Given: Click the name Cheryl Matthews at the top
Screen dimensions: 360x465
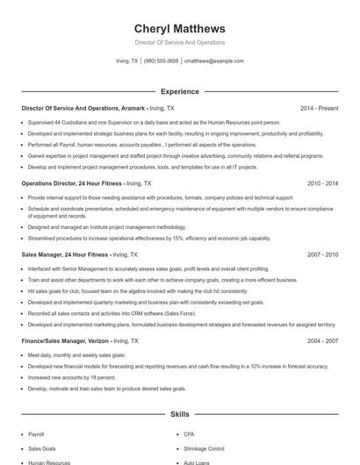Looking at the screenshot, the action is click(x=179, y=28).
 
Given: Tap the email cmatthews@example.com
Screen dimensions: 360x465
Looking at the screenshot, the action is click(x=213, y=61).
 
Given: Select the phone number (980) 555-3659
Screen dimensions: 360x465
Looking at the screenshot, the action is click(x=161, y=61).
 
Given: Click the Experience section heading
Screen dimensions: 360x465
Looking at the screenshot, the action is click(x=179, y=91).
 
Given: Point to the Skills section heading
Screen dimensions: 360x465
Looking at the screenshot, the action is click(x=179, y=413).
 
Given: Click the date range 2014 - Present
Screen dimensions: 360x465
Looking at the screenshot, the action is click(x=319, y=108).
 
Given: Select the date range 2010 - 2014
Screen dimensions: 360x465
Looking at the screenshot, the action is click(x=322, y=184).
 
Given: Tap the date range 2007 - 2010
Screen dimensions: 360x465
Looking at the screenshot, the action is click(x=322, y=254).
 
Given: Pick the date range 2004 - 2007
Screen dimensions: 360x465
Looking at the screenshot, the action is click(x=322, y=340).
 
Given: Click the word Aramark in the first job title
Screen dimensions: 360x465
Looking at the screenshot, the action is click(x=133, y=108).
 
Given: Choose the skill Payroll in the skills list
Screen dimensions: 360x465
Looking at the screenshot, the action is click(x=36, y=434).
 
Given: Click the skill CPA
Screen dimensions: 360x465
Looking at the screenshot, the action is click(x=189, y=434).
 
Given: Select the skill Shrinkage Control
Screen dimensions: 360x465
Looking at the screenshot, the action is click(x=204, y=448).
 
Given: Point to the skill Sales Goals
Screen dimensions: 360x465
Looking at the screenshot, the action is click(x=41, y=448).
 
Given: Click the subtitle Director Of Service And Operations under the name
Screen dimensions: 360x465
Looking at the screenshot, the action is click(x=179, y=42).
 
